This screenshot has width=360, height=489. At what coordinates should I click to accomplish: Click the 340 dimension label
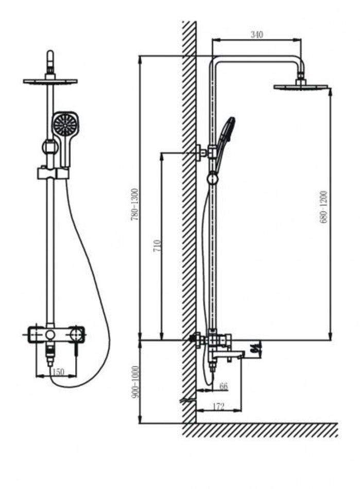tap(256, 34)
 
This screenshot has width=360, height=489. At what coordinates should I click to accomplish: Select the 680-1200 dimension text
tap(323, 207)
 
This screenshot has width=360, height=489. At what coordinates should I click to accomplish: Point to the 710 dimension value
tap(157, 246)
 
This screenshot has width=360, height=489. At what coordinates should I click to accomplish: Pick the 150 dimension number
tap(58, 372)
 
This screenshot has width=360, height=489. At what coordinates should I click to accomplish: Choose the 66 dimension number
tap(223, 386)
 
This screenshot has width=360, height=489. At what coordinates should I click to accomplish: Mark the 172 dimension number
tap(218, 407)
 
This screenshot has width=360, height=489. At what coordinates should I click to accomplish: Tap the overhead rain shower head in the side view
tap(301, 86)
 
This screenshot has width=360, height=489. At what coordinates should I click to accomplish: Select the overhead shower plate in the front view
tap(50, 81)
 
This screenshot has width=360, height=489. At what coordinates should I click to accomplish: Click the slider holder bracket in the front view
tap(53, 173)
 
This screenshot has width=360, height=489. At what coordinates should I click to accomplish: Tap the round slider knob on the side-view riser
tap(212, 179)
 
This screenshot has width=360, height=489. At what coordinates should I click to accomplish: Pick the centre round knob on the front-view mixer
tap(50, 335)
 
